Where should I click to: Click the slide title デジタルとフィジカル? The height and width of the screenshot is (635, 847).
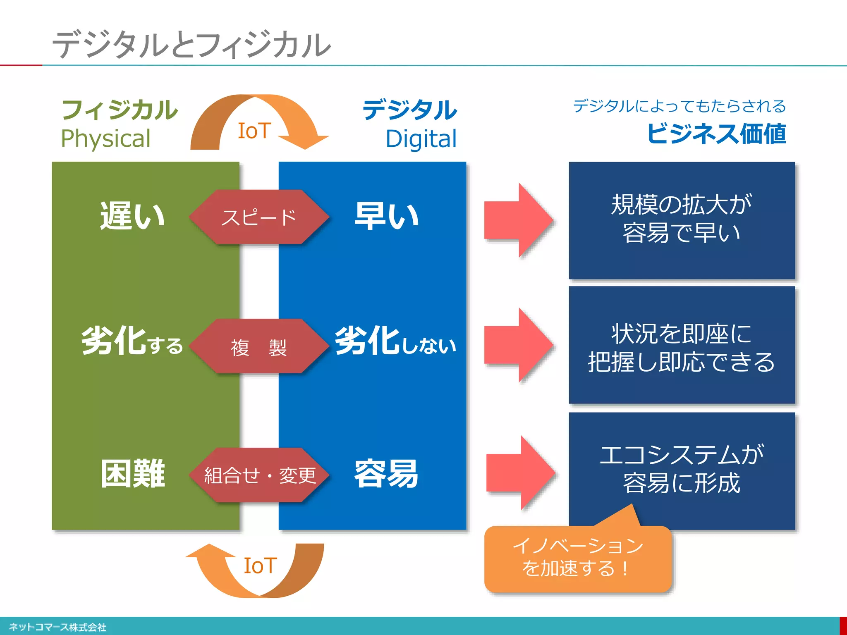point(191,45)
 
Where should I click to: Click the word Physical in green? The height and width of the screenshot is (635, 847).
point(106,138)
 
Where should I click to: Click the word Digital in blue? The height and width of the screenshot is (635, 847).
point(421,139)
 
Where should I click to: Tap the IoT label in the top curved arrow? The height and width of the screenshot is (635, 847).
point(254,131)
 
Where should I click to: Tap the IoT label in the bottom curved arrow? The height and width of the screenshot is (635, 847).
point(260,566)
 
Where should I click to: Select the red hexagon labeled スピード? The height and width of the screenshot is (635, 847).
point(259,217)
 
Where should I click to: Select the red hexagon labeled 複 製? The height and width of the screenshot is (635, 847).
point(259,347)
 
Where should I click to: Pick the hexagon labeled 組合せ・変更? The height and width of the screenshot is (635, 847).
point(259,475)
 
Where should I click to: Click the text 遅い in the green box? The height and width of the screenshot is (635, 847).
point(132,216)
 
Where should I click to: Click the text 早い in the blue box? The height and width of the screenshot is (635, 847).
point(387,216)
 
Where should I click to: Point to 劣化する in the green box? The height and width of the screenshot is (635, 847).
point(132,341)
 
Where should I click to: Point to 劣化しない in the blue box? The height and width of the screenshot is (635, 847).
point(395,341)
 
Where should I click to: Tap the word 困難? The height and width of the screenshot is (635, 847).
point(133,474)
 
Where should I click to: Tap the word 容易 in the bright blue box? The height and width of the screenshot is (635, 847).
point(386,474)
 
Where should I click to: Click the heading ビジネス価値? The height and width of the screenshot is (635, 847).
point(716,134)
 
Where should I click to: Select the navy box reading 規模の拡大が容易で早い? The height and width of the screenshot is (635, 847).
point(682,220)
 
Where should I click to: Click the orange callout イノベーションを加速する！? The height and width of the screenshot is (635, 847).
point(577,558)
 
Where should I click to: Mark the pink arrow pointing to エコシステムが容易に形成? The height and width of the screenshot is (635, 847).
point(520,473)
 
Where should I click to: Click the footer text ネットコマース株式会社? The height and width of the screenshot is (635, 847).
point(57,627)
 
